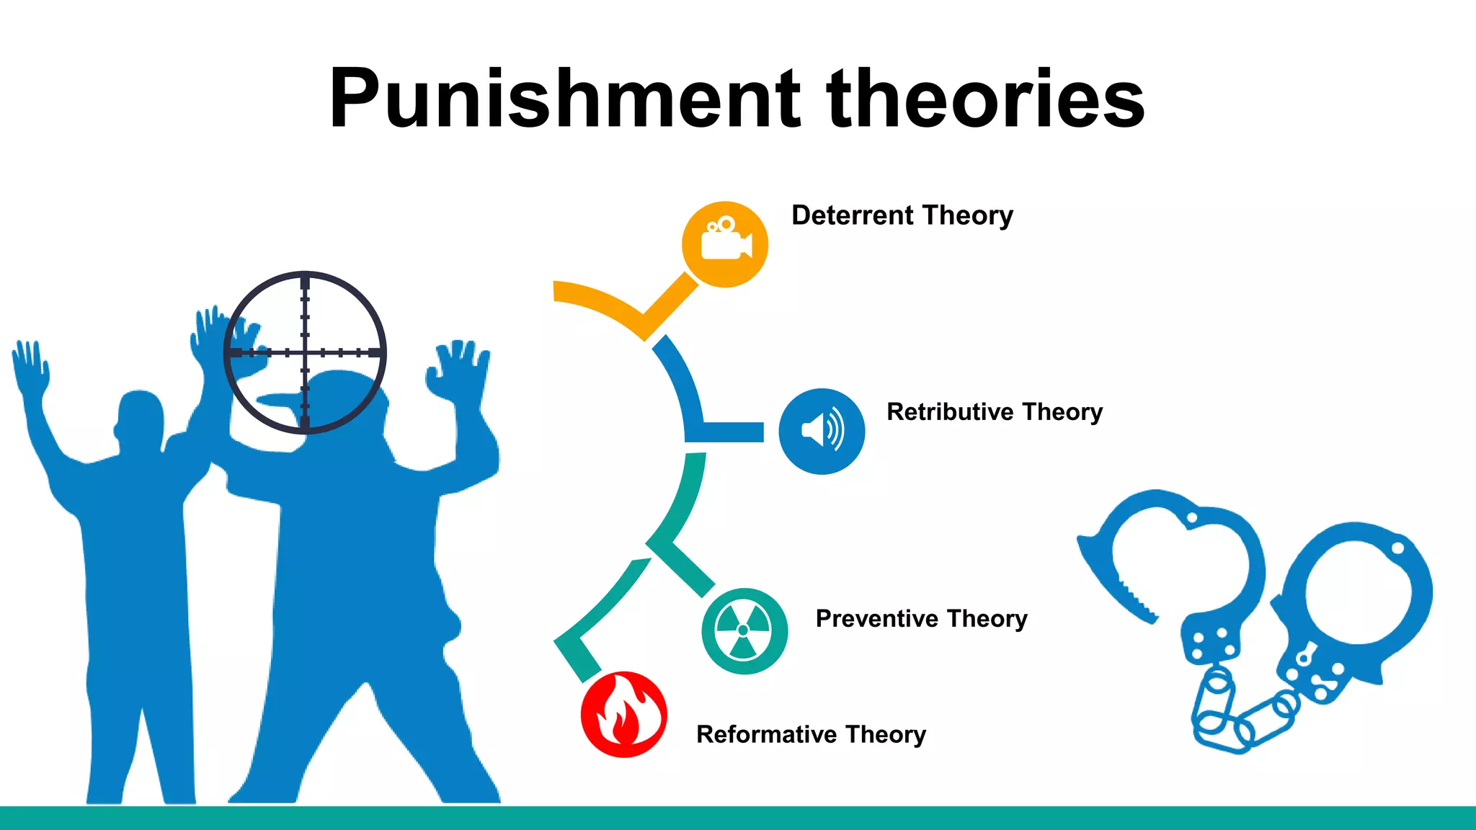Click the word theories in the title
tap(986, 99)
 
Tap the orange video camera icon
tap(725, 244)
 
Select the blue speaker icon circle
tap(822, 431)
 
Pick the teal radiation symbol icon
tap(744, 631)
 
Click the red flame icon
tap(623, 715)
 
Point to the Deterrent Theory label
tap(902, 215)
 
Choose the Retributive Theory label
tap(995, 411)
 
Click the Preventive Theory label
tap(921, 618)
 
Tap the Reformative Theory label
tap(811, 734)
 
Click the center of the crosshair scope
tap(305, 352)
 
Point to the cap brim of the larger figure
tap(277, 401)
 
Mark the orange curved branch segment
tap(605, 303)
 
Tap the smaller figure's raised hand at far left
tap(30, 367)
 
